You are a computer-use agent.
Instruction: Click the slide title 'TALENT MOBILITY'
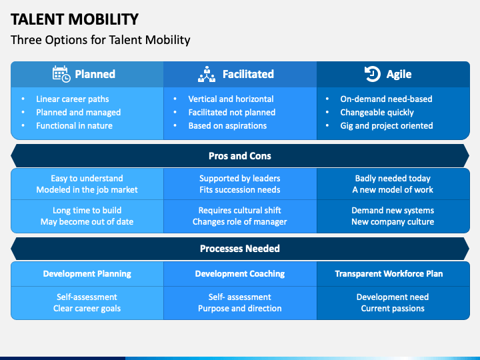[75, 19]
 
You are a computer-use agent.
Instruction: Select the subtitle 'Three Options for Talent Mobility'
[101, 40]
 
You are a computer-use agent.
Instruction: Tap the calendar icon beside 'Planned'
[61, 74]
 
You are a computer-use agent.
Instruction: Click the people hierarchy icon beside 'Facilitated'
[207, 74]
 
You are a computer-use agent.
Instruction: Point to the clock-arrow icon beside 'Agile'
[372, 74]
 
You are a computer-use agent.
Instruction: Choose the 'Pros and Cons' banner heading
[240, 156]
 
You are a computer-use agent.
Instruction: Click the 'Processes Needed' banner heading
[240, 249]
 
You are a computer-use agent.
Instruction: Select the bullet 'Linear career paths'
[72, 99]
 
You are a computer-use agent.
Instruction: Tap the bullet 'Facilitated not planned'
[231, 112]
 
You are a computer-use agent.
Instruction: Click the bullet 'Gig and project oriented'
[387, 125]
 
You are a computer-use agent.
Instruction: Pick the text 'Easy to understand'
[87, 178]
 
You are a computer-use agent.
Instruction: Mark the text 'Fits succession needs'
[240, 189]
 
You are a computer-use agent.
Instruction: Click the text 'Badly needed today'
[393, 178]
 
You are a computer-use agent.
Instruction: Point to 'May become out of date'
[87, 221]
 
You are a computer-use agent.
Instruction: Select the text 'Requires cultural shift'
[240, 210]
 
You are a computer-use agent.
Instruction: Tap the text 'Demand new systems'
[393, 210]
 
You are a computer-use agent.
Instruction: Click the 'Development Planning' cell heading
[87, 273]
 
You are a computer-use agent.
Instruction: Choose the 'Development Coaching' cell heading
[240, 273]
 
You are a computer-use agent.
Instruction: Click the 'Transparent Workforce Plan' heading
[389, 273]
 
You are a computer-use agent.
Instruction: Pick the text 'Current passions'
[393, 308]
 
